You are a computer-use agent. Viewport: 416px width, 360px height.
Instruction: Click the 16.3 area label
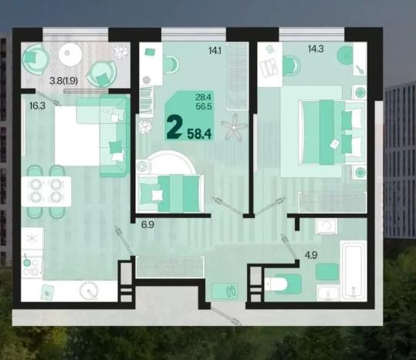pos(37,106)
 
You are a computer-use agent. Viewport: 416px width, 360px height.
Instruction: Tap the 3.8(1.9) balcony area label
pos(63,80)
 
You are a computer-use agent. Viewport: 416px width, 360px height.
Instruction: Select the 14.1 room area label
pos(215,50)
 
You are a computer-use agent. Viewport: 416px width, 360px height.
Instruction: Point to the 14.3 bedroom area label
pos(316,49)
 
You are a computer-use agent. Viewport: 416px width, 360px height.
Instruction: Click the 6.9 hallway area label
pos(147,224)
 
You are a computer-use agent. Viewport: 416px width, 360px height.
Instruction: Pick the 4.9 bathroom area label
pos(311,255)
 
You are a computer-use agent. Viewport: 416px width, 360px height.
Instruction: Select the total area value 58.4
pos(199,133)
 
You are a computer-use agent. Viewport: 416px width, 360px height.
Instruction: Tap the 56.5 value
pos(204,106)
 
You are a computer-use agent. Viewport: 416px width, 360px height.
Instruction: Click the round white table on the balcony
pos(70,54)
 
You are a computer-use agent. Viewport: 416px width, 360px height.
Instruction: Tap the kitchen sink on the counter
pos(90,291)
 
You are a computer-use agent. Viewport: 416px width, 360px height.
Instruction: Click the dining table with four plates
pos(46,191)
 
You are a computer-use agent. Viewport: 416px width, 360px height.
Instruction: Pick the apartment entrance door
pos(226,316)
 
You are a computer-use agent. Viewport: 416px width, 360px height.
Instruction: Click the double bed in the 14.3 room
pos(332,132)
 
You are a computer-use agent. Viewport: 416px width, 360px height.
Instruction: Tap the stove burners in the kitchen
pos(32,267)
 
